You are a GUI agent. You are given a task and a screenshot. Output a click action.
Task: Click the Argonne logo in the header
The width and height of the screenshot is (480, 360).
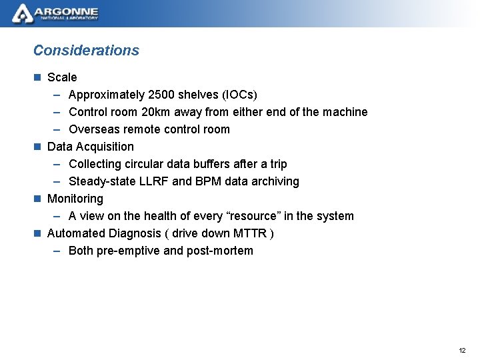click(x=56, y=13)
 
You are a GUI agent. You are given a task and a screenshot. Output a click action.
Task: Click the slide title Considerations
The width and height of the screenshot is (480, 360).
click(x=86, y=50)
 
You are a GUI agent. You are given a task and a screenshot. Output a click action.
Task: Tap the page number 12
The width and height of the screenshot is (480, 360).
click(x=462, y=350)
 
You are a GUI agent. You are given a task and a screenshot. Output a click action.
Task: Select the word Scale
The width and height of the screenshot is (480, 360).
click(x=62, y=77)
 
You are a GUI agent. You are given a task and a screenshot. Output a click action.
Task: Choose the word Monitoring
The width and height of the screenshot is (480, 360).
click(x=75, y=199)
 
